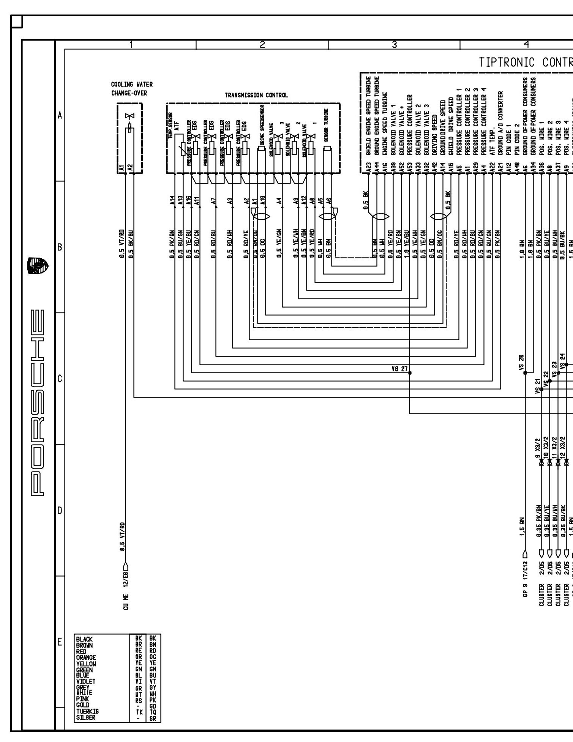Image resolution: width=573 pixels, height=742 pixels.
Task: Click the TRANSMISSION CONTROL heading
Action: (256, 95)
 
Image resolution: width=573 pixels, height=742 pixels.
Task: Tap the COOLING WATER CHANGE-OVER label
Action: (132, 88)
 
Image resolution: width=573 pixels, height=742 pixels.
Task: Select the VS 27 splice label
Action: (399, 368)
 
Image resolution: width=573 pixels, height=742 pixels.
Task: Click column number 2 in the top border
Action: (262, 44)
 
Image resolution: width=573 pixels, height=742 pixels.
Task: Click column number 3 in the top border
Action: (394, 44)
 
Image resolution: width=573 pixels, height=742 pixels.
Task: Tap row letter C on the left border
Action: (60, 379)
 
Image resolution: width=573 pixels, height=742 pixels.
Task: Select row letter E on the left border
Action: (60, 642)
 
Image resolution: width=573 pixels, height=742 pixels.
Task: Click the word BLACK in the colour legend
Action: (84, 639)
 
